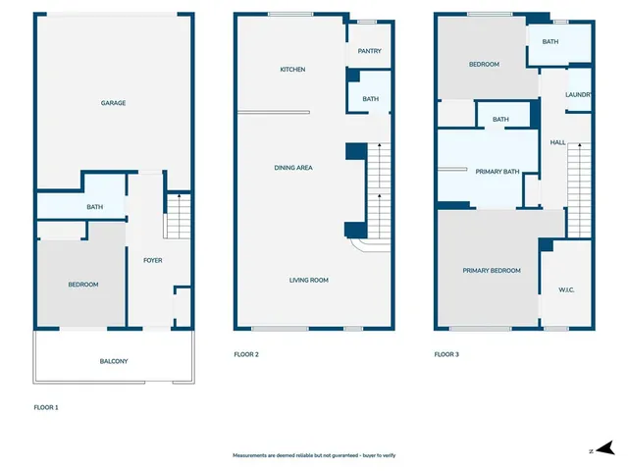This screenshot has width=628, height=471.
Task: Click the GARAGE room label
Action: pos(113,103)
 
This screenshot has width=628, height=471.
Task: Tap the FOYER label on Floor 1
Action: pos(153,260)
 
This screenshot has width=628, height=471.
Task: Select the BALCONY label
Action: pos(113,361)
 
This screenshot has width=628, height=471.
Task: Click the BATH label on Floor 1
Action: pos(94,207)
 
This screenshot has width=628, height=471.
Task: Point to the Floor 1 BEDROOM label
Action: pos(82,285)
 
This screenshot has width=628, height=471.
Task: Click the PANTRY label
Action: pos(370,52)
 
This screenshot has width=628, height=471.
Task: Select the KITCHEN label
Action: pos(292,70)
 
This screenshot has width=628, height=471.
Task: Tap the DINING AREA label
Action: pos(292,168)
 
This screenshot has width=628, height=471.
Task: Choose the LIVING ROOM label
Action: pos(308,280)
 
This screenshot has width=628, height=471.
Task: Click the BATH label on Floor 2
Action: pos(370,99)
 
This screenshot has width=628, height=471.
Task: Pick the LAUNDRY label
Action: pos(578,95)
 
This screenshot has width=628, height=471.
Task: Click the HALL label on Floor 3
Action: pos(557,142)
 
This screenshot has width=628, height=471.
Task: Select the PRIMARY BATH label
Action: pos(497,172)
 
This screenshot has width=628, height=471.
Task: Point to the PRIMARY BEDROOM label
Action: pos(492,270)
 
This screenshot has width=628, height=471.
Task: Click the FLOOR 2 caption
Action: pos(246,354)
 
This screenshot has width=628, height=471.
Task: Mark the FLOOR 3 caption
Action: pos(446,354)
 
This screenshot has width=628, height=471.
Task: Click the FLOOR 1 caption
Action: pos(46,406)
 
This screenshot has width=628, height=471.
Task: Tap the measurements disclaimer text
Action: pos(313,455)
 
